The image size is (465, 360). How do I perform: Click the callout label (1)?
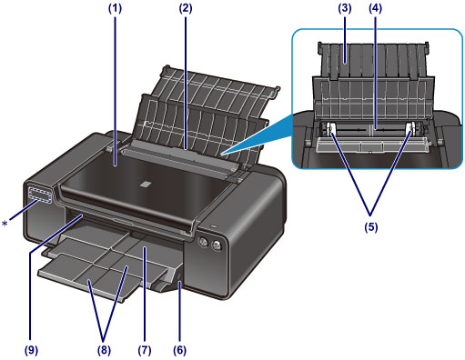[x=116, y=8]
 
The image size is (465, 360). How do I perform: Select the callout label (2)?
[x=186, y=8]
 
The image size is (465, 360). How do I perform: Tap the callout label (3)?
[x=345, y=8]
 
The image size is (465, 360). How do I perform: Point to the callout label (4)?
[x=376, y=8]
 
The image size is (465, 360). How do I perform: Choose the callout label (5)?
[x=371, y=227]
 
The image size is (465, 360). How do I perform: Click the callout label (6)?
[x=180, y=350]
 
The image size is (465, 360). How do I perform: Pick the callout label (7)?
[x=145, y=350]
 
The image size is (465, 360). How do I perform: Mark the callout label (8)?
[x=104, y=350]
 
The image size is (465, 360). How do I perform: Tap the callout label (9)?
[x=31, y=350]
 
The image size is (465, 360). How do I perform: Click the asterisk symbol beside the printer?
[x=5, y=224]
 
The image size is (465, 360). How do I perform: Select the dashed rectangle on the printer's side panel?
[x=40, y=195]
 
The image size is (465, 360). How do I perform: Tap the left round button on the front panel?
[x=202, y=242]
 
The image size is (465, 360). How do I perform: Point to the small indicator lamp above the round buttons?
[x=213, y=226]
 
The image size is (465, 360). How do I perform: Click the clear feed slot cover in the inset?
[x=372, y=145]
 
